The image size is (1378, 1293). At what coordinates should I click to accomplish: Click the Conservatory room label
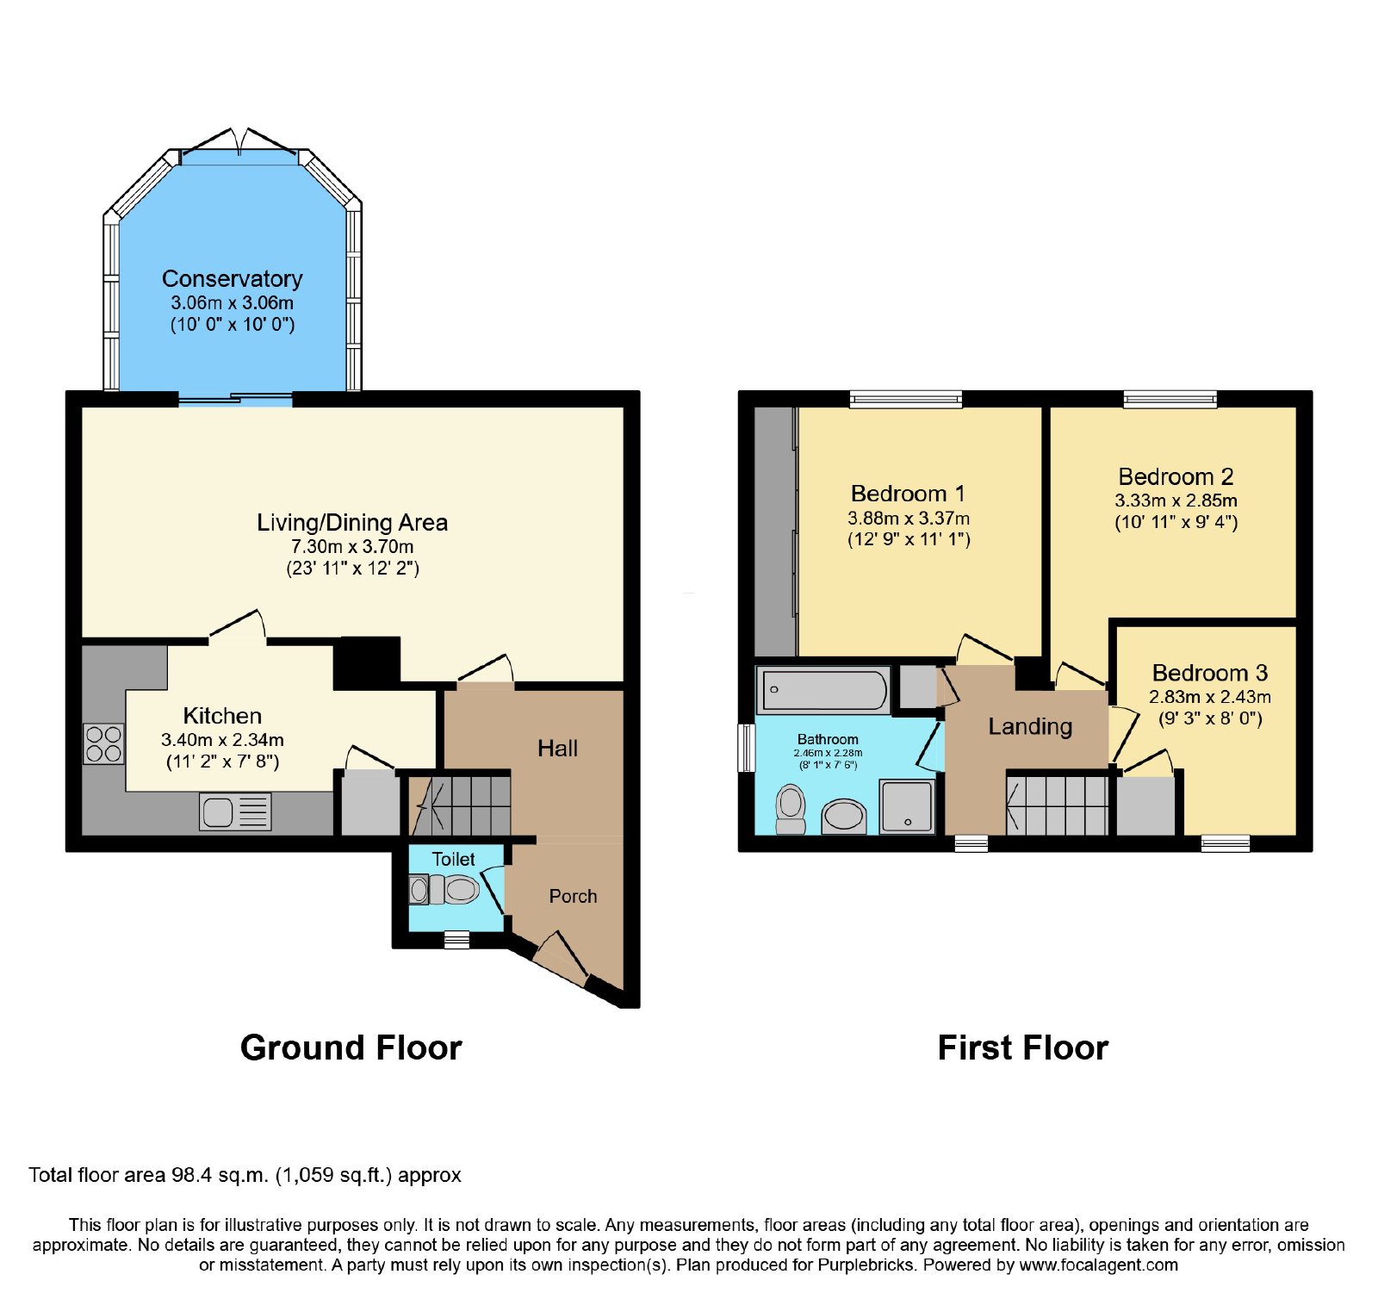pyautogui.click(x=233, y=279)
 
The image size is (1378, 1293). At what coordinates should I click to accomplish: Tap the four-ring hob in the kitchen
pyautogui.click(x=103, y=744)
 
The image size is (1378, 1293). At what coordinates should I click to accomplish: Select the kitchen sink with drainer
pyautogui.click(x=235, y=811)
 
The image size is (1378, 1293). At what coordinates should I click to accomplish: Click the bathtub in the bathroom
pyautogui.click(x=824, y=690)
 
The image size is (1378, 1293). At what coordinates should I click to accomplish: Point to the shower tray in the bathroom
pyautogui.click(x=907, y=806)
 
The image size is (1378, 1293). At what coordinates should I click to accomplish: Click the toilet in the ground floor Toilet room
pyautogui.click(x=444, y=889)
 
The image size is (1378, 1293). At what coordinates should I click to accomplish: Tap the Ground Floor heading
pyautogui.click(x=351, y=1047)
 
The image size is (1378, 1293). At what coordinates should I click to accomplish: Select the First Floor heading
pyautogui.click(x=1023, y=1047)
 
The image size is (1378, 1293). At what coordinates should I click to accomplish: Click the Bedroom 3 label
pyautogui.click(x=1210, y=673)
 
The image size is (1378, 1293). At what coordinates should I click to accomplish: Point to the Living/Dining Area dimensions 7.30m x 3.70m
pyautogui.click(x=352, y=547)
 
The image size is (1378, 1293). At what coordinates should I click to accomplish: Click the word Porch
pyautogui.click(x=573, y=896)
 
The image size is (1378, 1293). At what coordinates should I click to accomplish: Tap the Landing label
pyautogui.click(x=1030, y=727)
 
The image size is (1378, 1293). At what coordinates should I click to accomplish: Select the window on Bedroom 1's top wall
pyautogui.click(x=906, y=399)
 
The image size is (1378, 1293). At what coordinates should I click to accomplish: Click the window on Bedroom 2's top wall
pyautogui.click(x=1170, y=399)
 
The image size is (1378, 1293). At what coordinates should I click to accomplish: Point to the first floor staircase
pyautogui.click(x=1058, y=805)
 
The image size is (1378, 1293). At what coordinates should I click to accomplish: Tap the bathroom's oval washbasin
pyautogui.click(x=844, y=816)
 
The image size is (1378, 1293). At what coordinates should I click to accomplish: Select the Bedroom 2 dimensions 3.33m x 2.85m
pyautogui.click(x=1176, y=500)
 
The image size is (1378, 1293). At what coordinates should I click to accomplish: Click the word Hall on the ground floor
pyautogui.click(x=558, y=749)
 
